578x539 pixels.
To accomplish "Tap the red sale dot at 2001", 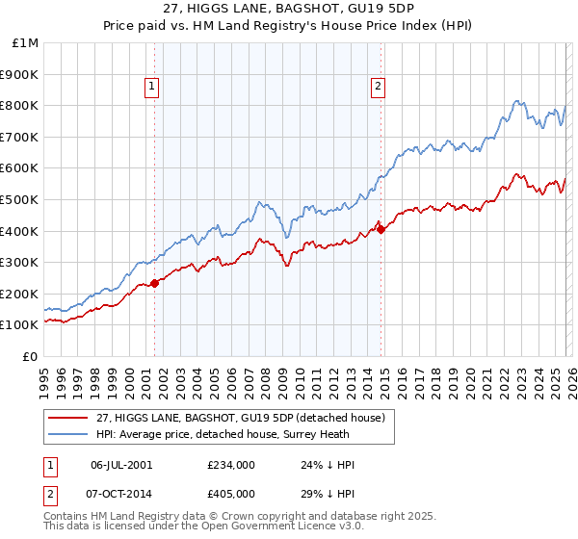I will point(154,283).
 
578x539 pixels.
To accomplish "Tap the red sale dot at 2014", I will point(381,229).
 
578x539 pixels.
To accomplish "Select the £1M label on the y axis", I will point(26,42).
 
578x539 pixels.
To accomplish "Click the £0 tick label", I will point(31,356).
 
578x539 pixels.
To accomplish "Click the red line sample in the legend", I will point(68,418).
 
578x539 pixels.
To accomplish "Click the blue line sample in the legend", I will point(68,433).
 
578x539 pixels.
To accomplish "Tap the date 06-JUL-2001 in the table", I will point(120,465).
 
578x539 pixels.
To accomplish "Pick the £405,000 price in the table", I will point(231,492).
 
